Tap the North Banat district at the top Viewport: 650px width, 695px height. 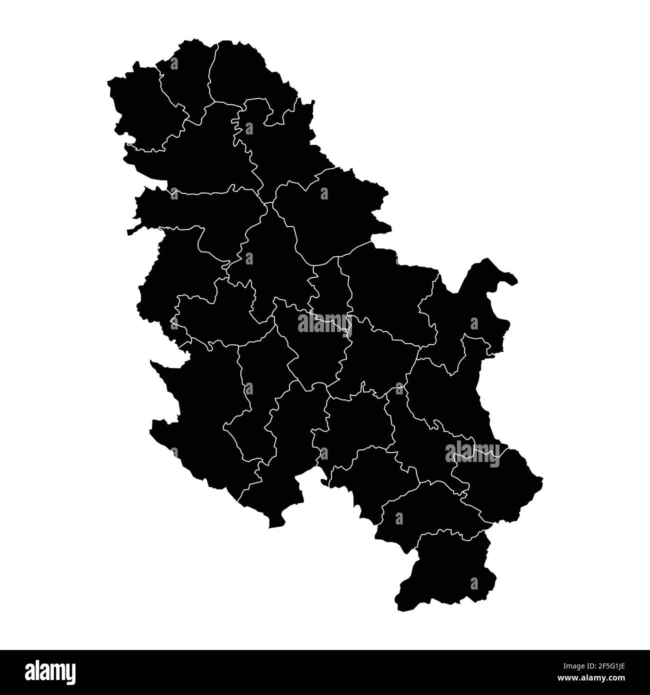pos(240,70)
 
